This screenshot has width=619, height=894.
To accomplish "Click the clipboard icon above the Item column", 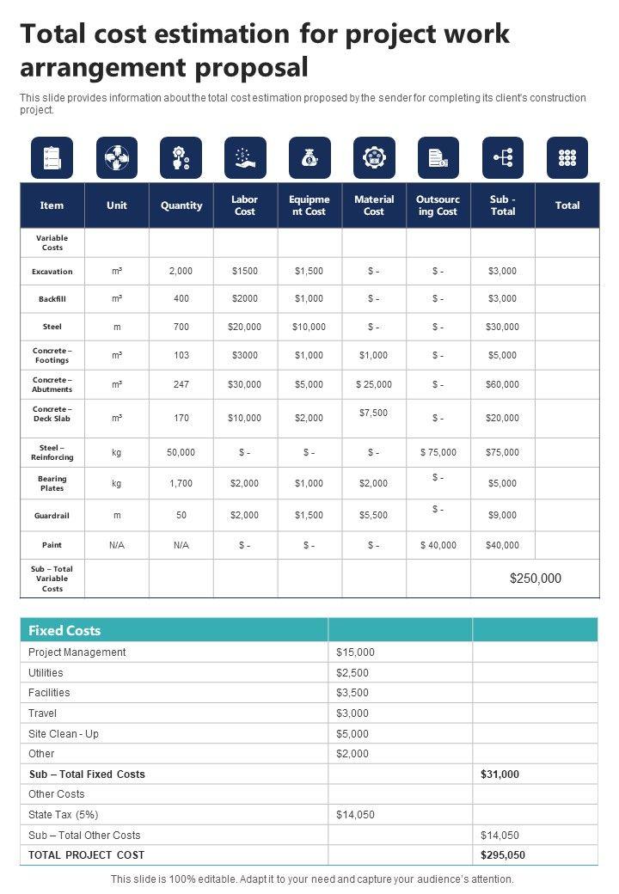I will click(52, 157).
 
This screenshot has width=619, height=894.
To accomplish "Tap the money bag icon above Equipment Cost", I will click(309, 157).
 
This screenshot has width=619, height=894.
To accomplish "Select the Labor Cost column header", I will click(245, 205).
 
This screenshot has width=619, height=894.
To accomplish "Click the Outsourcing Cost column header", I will click(438, 205).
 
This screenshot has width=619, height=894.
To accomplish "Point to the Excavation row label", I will click(52, 272).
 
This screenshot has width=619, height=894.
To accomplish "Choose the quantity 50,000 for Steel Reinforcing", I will click(181, 452).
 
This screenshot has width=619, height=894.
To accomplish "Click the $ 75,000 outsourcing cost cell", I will click(438, 452).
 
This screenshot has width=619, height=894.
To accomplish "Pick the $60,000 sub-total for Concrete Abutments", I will click(502, 385).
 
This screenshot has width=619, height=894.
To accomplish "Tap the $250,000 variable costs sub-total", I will click(535, 579).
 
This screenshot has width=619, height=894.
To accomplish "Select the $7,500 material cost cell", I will click(374, 413).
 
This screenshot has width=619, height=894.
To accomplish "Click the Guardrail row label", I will click(52, 516).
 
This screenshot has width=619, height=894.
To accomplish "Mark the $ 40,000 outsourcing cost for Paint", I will click(438, 545).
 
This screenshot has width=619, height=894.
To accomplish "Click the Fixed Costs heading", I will click(64, 630).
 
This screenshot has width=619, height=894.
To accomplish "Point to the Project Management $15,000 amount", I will click(355, 652).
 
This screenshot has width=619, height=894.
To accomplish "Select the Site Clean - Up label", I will click(64, 734).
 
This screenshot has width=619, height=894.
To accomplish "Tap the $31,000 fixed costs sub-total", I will click(499, 775).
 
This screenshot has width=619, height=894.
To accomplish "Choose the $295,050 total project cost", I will click(503, 855).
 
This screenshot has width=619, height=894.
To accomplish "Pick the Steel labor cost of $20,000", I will click(245, 327).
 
